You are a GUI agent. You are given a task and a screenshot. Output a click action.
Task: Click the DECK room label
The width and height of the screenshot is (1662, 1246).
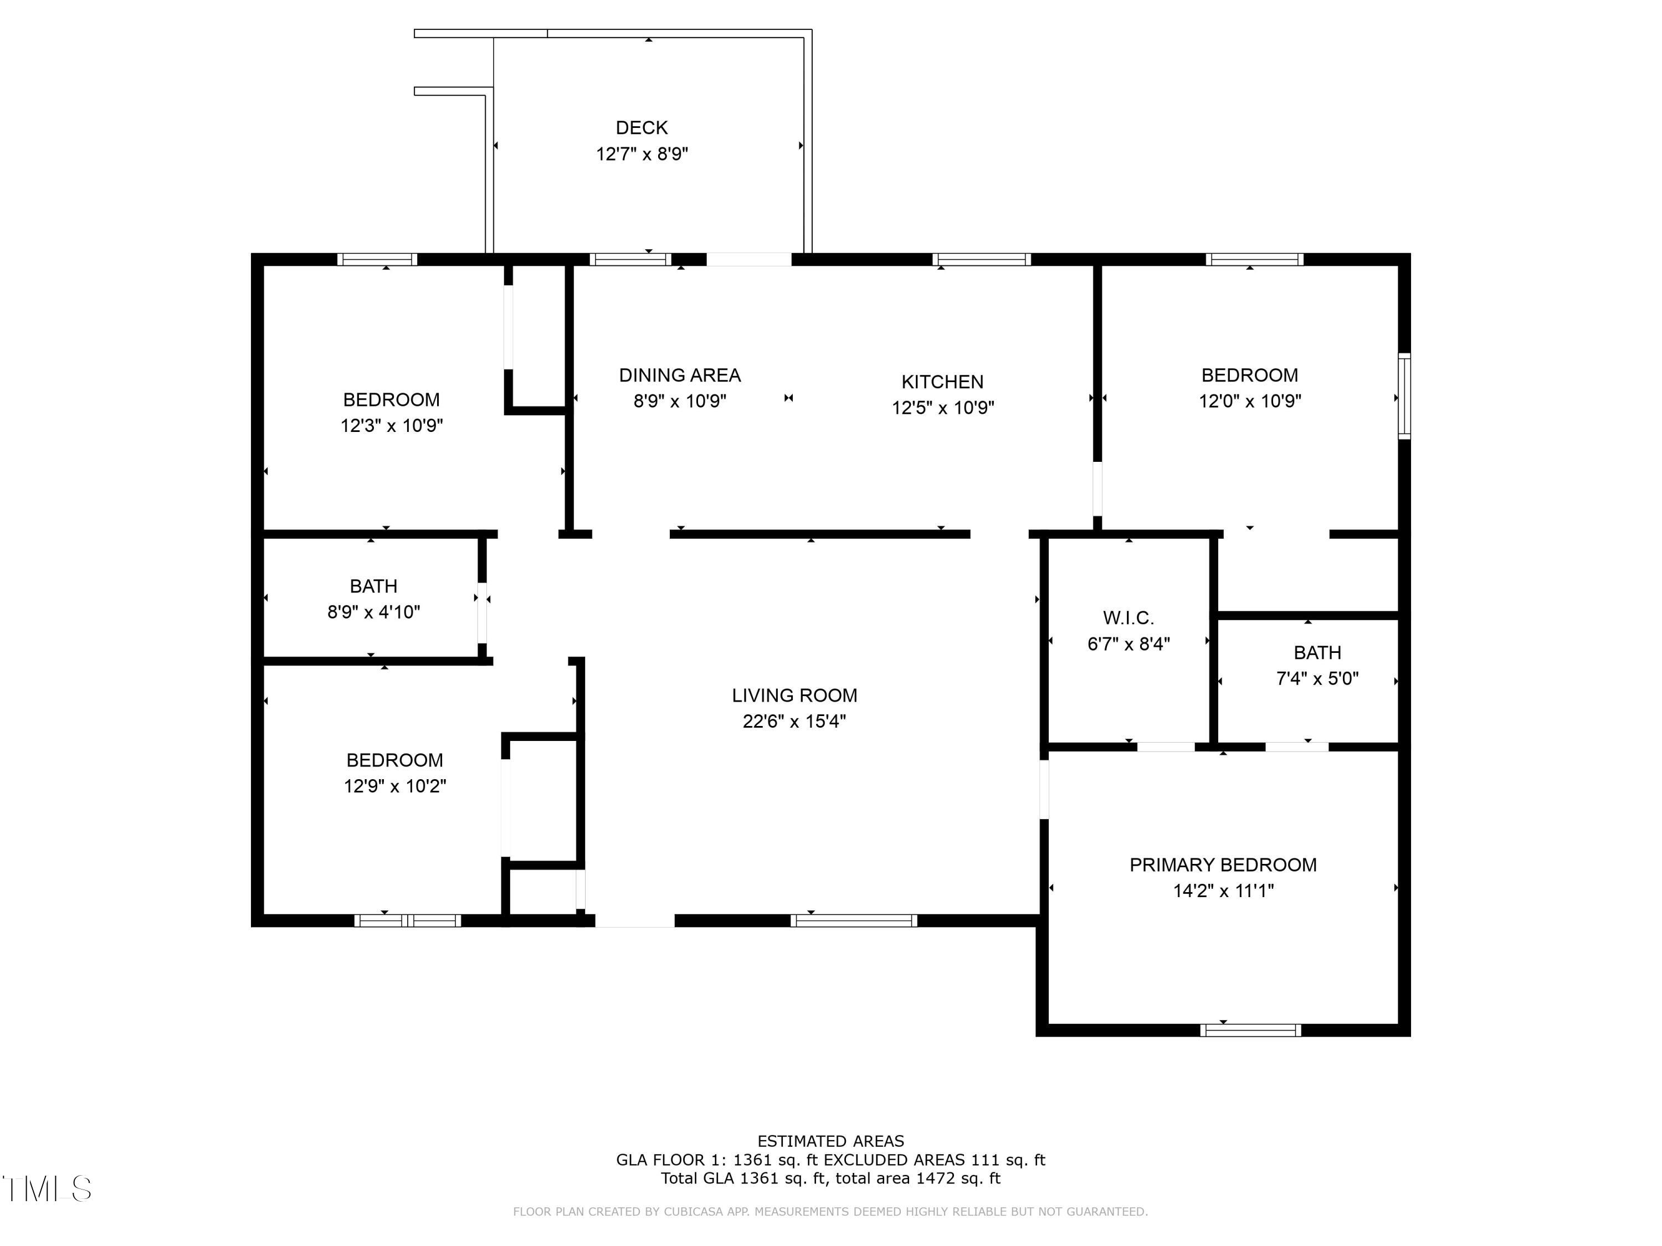(x=642, y=128)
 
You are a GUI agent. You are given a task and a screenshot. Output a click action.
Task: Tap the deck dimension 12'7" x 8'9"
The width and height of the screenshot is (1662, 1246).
(x=642, y=154)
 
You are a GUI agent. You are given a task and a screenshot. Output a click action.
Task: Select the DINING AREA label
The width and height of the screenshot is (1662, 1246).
(x=679, y=375)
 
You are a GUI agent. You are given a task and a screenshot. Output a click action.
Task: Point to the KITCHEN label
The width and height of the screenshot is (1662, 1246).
(x=942, y=382)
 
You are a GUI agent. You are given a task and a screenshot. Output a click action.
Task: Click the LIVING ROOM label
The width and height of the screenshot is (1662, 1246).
(x=794, y=696)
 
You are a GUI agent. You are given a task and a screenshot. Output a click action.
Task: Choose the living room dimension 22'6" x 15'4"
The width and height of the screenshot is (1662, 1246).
(x=794, y=721)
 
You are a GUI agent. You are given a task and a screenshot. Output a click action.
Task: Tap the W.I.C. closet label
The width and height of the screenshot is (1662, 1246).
(x=1128, y=618)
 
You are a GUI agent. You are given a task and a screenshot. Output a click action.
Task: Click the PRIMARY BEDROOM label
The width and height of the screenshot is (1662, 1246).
(x=1223, y=864)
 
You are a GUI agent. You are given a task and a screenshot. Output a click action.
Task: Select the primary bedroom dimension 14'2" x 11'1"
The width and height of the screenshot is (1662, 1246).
(x=1223, y=890)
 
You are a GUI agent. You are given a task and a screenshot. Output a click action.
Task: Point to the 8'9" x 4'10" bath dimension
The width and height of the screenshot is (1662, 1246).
(x=373, y=612)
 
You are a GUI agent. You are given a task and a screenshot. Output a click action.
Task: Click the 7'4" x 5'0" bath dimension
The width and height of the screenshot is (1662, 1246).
(x=1316, y=678)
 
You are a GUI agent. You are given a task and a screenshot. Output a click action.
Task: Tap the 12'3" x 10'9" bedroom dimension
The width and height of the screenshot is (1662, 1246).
(x=392, y=426)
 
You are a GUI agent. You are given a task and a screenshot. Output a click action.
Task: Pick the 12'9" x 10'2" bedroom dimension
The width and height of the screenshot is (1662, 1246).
(x=394, y=786)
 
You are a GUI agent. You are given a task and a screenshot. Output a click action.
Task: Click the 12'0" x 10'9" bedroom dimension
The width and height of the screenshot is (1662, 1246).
(x=1249, y=401)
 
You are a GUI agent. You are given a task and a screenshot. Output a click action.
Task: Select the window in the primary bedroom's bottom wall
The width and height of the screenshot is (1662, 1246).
(x=1250, y=1031)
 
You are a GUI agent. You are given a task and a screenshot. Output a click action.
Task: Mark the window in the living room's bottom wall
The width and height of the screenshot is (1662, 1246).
(x=854, y=921)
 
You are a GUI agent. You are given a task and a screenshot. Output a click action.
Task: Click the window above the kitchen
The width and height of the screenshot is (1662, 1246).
(x=981, y=260)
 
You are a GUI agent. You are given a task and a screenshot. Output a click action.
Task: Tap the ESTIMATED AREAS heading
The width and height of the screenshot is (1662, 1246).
(x=830, y=1141)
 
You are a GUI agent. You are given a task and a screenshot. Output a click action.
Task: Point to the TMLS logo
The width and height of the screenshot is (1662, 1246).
(x=47, y=1189)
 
